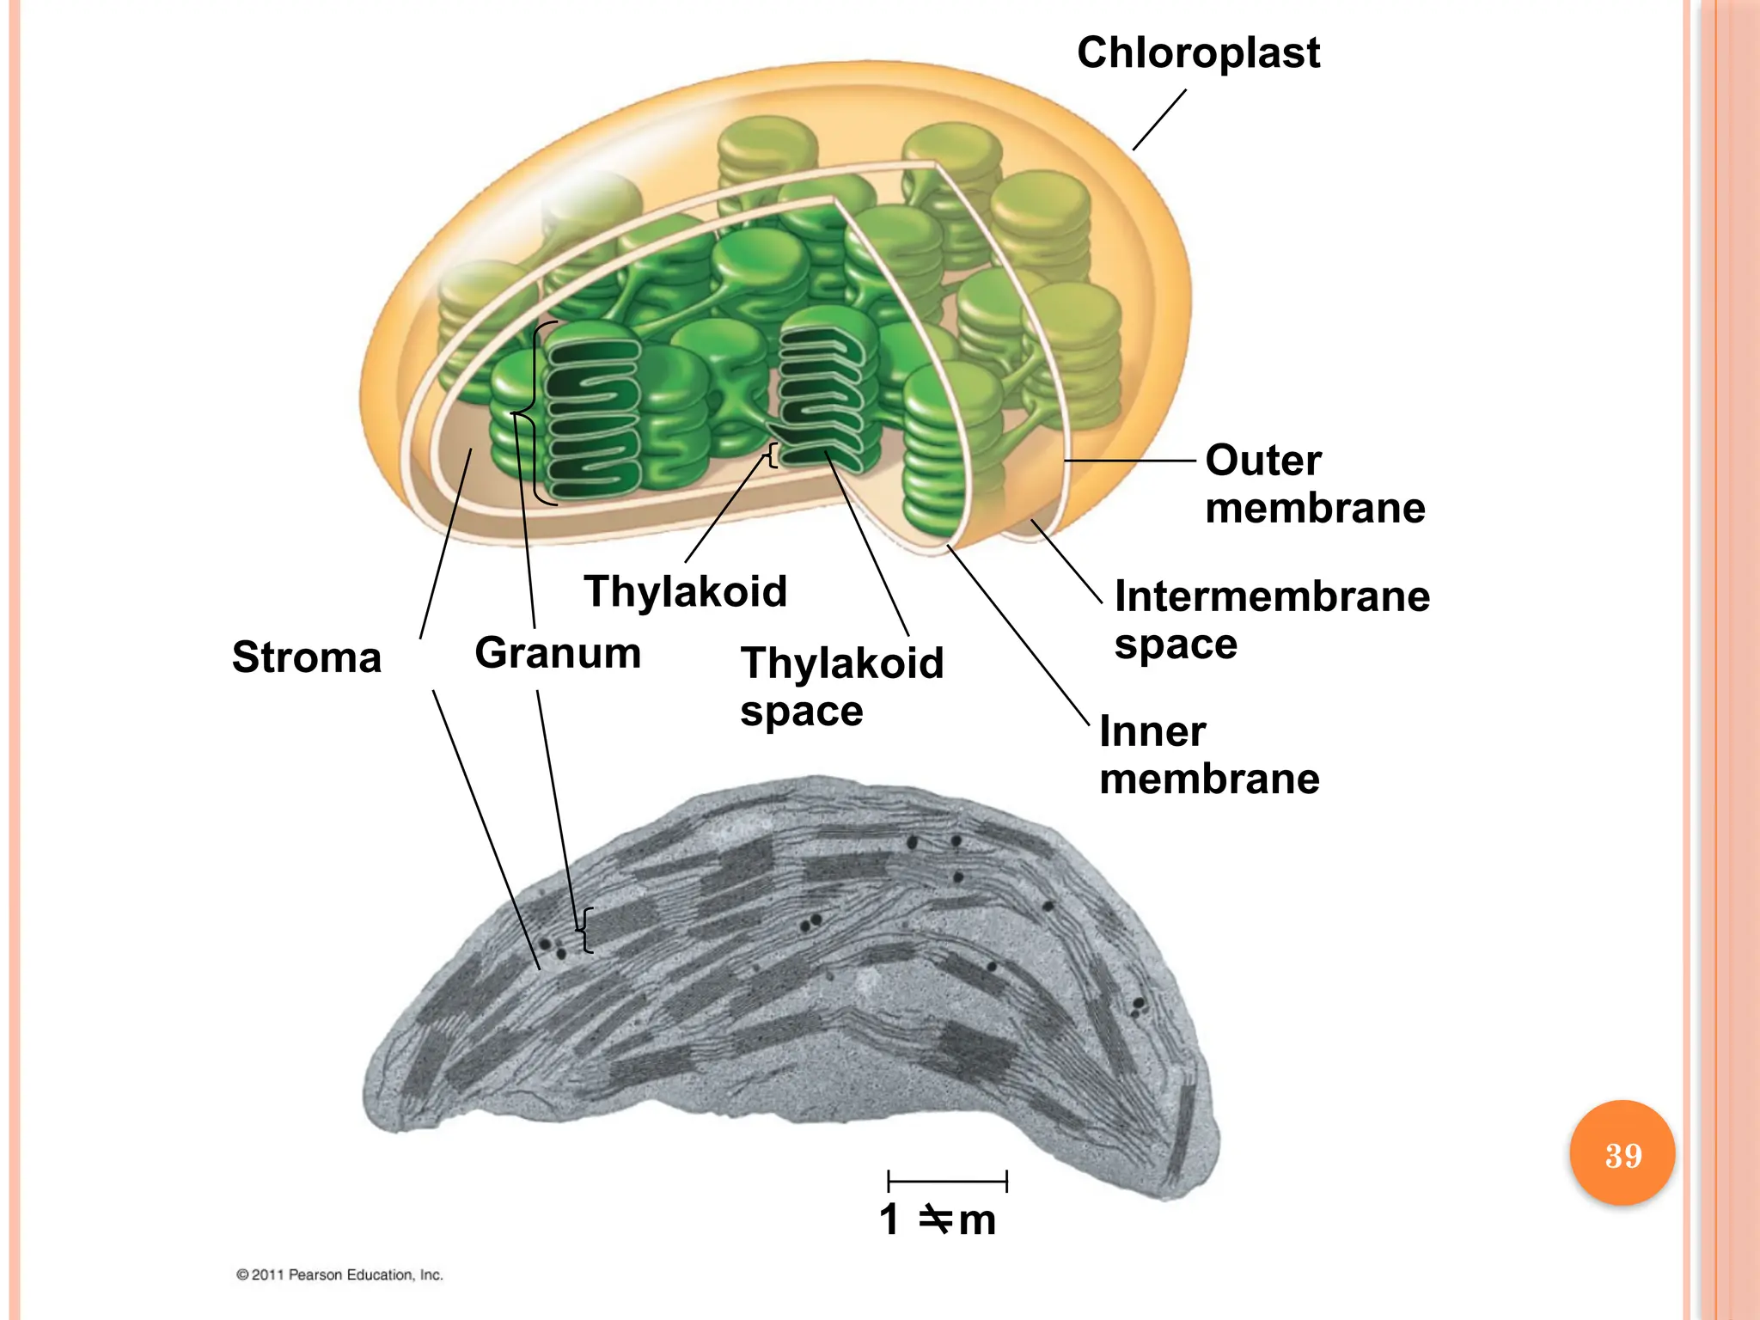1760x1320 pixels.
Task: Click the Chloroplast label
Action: pyautogui.click(x=1198, y=53)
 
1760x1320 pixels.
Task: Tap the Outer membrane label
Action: pyautogui.click(x=1315, y=484)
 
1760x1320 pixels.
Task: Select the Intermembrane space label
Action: pyautogui.click(x=1272, y=620)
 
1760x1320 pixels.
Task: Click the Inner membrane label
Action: pyautogui.click(x=1209, y=755)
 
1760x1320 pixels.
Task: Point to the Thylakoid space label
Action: pyautogui.click(x=842, y=687)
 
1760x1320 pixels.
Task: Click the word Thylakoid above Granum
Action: pyautogui.click(x=685, y=591)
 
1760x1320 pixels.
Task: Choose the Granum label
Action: pyautogui.click(x=558, y=653)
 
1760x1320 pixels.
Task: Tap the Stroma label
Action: pyautogui.click(x=307, y=657)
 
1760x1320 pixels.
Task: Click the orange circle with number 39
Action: pyautogui.click(x=1622, y=1154)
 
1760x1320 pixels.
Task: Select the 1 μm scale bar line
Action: pyautogui.click(x=947, y=1181)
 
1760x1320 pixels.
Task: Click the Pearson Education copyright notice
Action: pyautogui.click(x=339, y=1274)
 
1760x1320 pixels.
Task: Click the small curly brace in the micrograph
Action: pyautogui.click(x=585, y=930)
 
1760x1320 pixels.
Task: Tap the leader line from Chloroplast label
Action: pyautogui.click(x=1159, y=119)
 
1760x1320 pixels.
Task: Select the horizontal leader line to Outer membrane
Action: pyautogui.click(x=1130, y=461)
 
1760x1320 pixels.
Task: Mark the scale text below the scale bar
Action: pyautogui.click(x=938, y=1220)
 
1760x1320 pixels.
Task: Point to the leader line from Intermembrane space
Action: pyautogui.click(x=1066, y=562)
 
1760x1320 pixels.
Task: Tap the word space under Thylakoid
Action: pyautogui.click(x=801, y=712)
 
